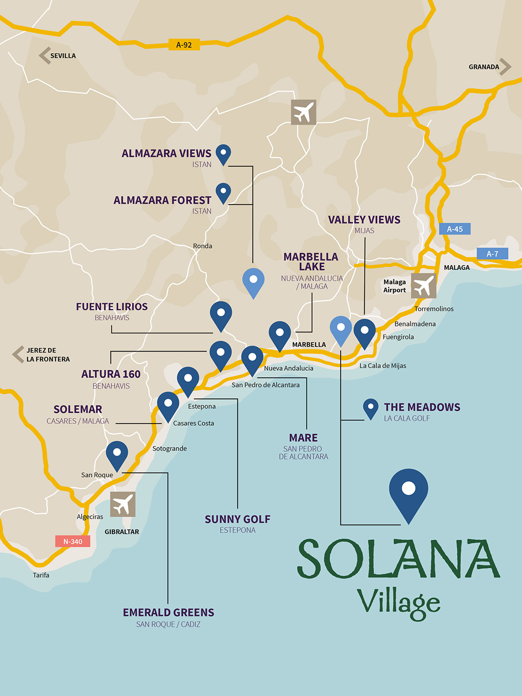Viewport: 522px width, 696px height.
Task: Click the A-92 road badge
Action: [184, 45]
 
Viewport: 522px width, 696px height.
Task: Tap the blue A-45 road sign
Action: [454, 229]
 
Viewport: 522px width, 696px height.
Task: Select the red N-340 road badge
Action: [72, 541]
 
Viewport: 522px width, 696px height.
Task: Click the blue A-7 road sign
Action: [492, 254]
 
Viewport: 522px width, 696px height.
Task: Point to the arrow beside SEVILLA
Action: [44, 56]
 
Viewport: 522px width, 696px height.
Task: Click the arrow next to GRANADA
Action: [505, 67]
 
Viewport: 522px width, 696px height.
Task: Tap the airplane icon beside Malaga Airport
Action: [423, 285]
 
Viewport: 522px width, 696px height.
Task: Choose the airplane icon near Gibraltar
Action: [123, 504]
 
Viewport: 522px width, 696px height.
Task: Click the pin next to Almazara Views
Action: [223, 154]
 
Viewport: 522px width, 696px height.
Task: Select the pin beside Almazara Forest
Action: [223, 192]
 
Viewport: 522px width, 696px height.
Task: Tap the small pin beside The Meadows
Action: [371, 408]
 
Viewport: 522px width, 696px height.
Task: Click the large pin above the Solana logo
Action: [408, 492]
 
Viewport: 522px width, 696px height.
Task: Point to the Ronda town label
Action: [203, 246]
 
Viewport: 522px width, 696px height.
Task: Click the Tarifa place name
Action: [41, 575]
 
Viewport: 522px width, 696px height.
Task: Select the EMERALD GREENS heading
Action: [168, 612]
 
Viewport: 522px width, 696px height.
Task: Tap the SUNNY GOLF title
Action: [237, 519]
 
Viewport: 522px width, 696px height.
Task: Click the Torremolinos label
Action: [434, 309]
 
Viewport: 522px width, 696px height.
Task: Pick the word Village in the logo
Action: [398, 602]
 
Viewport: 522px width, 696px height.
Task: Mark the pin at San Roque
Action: [117, 454]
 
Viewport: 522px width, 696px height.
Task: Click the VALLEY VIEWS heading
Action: [364, 220]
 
